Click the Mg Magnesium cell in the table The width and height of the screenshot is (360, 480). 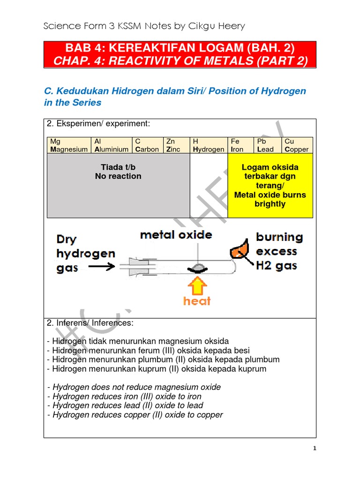click(69, 145)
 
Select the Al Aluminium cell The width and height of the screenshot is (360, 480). click(112, 145)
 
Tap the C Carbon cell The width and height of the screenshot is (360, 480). click(147, 145)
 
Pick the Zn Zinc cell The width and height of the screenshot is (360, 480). click(176, 145)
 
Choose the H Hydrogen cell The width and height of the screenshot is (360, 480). click(208, 145)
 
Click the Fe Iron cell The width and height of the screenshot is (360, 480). click(240, 145)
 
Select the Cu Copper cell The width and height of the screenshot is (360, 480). click(297, 145)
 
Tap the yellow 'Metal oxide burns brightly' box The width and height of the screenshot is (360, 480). click(270, 186)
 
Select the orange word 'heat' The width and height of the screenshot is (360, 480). click(197, 301)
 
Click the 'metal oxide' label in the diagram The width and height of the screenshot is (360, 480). click(176, 235)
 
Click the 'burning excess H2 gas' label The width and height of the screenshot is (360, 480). click(279, 251)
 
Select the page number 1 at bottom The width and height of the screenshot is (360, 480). click(315, 449)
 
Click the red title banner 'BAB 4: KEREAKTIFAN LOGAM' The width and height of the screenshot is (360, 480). click(180, 54)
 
